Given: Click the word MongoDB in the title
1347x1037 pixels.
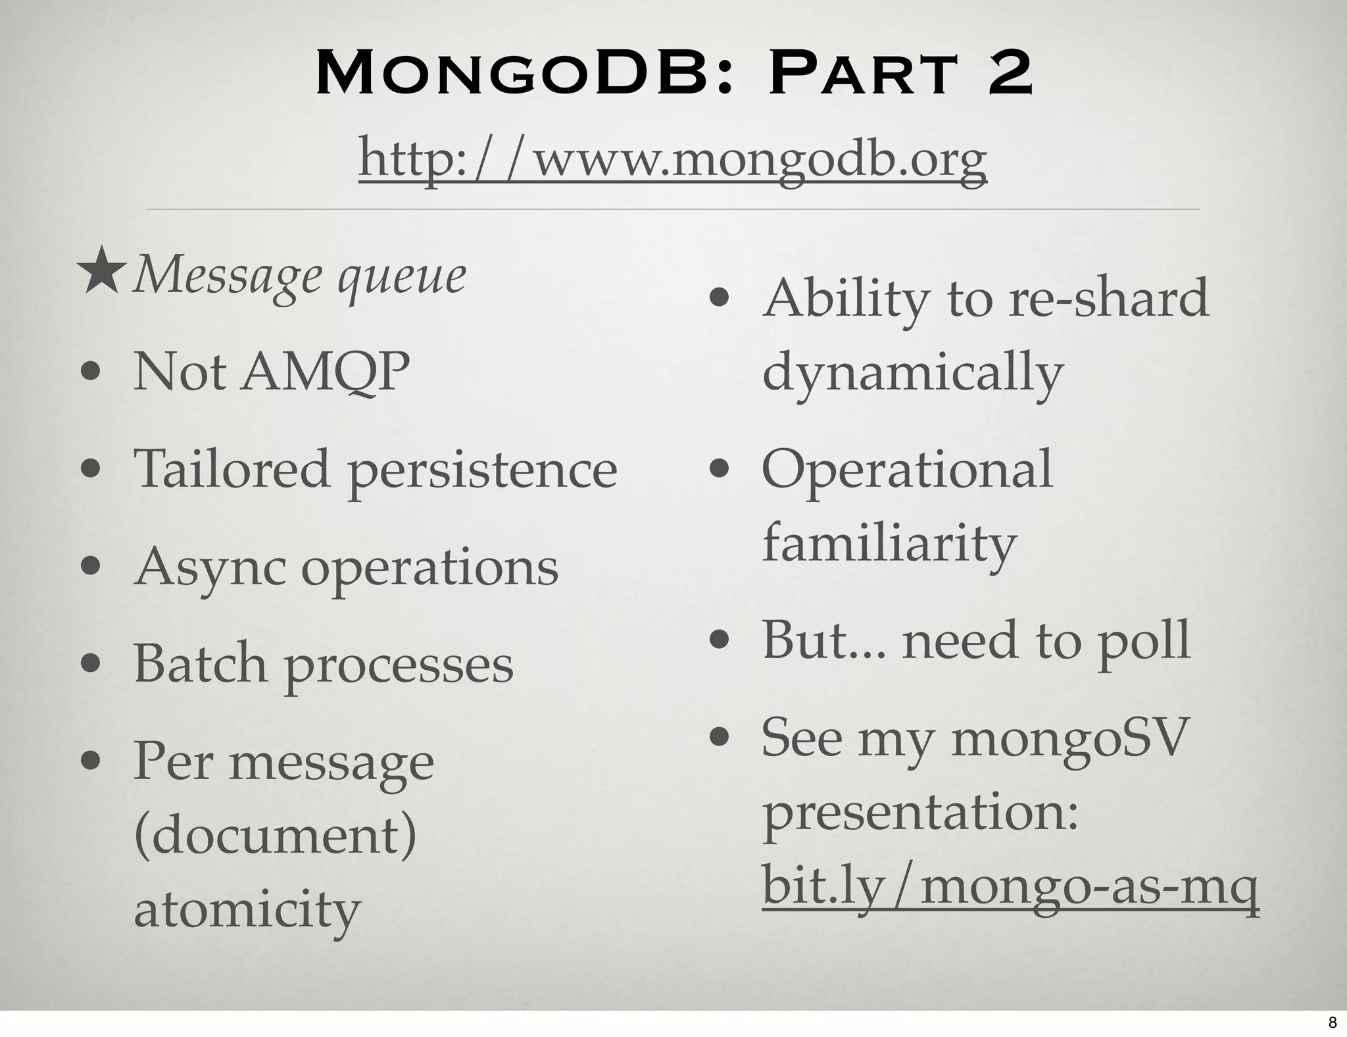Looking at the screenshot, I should coord(514,74).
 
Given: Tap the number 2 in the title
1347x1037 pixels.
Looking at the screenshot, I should coord(1000,74).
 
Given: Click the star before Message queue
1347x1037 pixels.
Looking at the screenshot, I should coord(101,271).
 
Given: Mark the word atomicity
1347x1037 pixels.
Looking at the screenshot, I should coord(247,909).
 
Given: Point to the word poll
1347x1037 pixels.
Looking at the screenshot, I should coord(1144,640).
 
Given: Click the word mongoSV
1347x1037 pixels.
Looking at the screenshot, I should coord(1071,738).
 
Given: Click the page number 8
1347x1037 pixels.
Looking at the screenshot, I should coord(1333,1022).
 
